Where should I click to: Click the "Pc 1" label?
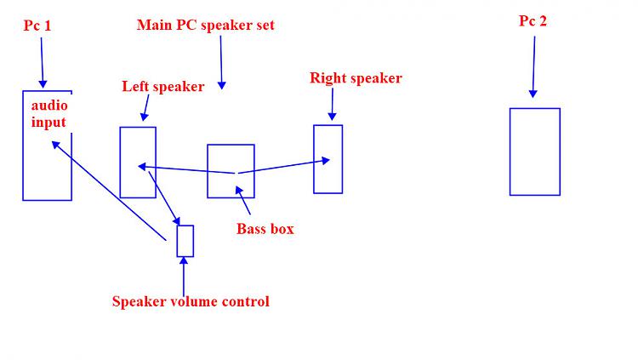point(37,26)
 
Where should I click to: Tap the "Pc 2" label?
point(533,21)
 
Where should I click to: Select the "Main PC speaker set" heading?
point(206,25)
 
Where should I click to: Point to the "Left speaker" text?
point(163,86)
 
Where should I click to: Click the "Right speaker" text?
point(356,78)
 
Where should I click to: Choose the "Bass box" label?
point(265,228)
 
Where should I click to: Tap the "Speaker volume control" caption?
point(191,301)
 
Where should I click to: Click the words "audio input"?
point(48,114)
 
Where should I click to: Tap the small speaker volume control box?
point(185,241)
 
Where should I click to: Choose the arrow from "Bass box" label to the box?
point(244,202)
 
